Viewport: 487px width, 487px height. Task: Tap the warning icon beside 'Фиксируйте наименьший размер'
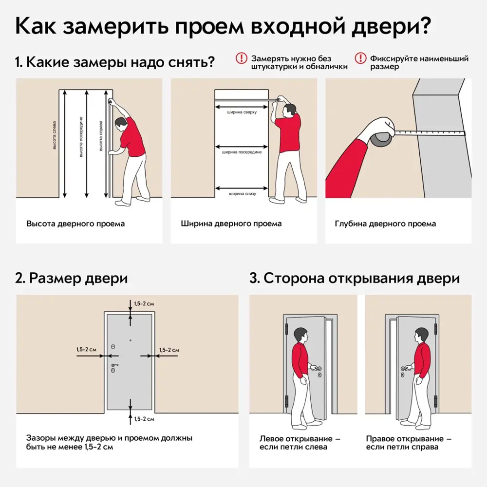click(x=360, y=58)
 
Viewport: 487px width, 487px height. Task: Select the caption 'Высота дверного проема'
click(x=75, y=224)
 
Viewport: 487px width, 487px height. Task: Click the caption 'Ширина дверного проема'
click(x=231, y=224)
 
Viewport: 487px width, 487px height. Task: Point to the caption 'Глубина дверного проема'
click(x=385, y=224)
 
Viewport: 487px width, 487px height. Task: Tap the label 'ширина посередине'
click(x=242, y=152)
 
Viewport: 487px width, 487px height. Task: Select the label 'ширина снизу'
click(x=242, y=193)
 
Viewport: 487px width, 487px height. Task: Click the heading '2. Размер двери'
click(x=72, y=279)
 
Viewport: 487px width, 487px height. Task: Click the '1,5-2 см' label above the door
click(x=144, y=304)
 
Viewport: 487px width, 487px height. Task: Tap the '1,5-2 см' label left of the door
click(x=86, y=350)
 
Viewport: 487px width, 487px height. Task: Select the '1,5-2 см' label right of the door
click(x=169, y=350)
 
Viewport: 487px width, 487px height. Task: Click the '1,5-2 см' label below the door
click(x=144, y=419)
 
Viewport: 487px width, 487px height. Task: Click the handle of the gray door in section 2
click(x=114, y=365)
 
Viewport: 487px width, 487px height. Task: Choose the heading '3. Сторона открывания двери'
click(x=355, y=279)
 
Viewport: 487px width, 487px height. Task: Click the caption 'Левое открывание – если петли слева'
click(x=300, y=443)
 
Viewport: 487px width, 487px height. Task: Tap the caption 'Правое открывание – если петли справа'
click(x=405, y=443)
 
